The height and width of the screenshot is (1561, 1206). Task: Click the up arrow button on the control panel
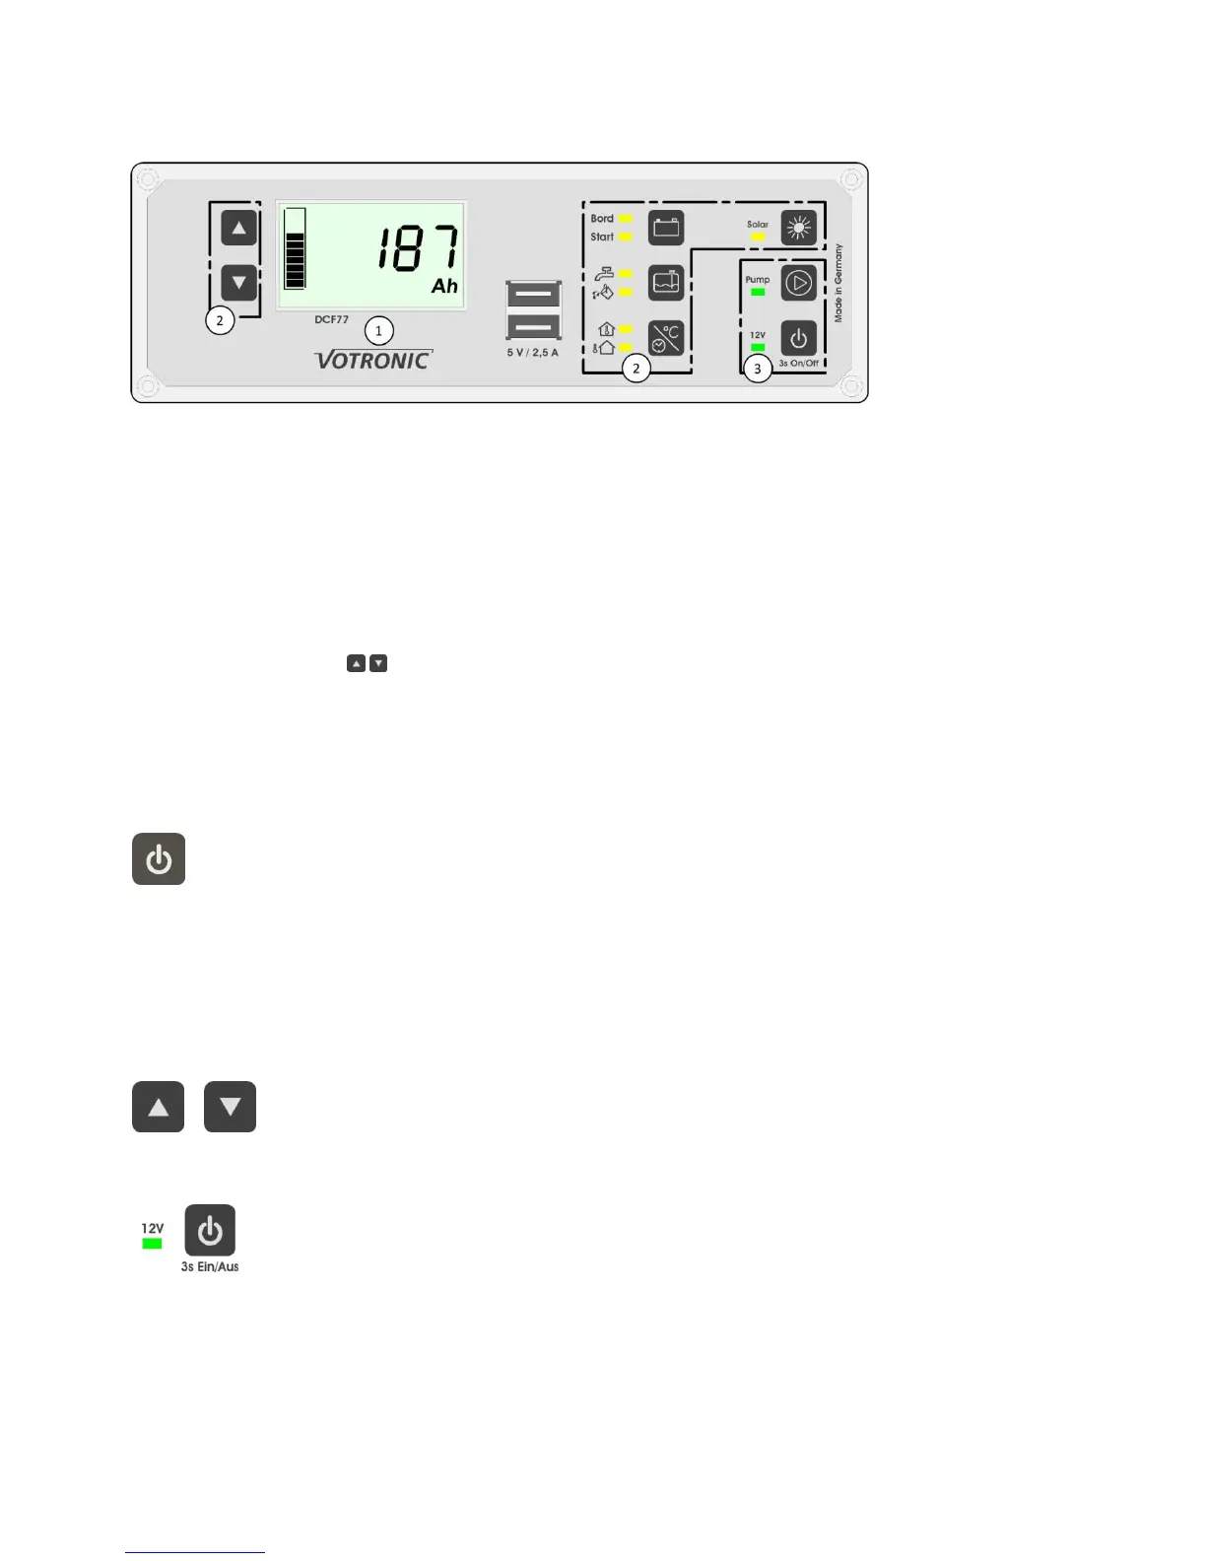tap(238, 228)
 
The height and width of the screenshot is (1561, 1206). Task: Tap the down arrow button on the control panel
tap(238, 283)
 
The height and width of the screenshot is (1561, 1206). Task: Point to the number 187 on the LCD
tap(418, 247)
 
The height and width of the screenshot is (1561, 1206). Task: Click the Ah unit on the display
tap(444, 286)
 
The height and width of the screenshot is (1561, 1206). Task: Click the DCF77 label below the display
tap(331, 319)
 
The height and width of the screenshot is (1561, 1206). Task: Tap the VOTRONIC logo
tap(373, 360)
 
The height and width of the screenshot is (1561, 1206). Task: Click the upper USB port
tap(533, 295)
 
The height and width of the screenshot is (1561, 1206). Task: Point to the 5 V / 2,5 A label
tap(532, 352)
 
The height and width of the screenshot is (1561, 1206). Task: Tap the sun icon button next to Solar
tap(798, 228)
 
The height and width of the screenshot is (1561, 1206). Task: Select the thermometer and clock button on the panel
tap(666, 338)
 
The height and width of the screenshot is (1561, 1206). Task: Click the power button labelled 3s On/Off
tap(798, 338)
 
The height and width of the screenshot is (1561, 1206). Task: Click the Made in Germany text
tap(838, 283)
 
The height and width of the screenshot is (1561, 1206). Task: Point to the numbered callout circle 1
tap(378, 331)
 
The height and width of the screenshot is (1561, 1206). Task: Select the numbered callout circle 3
tap(757, 370)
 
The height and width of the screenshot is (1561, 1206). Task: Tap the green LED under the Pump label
tap(757, 292)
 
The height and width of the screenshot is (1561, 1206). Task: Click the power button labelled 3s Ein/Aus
tap(210, 1230)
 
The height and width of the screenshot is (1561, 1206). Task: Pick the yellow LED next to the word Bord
tap(625, 219)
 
